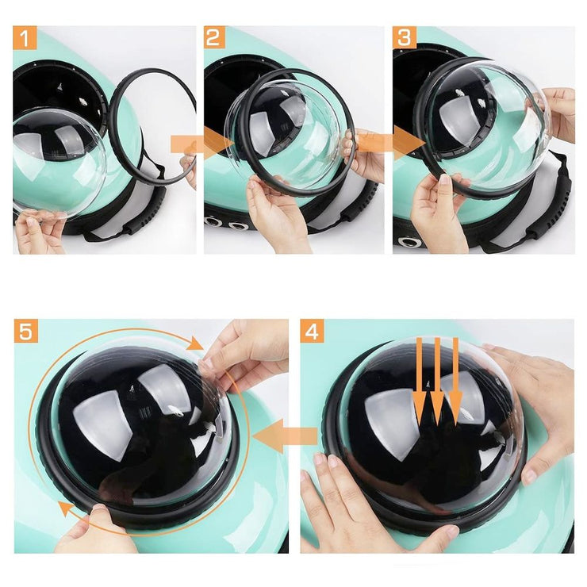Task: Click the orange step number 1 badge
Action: (25, 38)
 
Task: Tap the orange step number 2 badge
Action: (214, 37)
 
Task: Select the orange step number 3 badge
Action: (405, 37)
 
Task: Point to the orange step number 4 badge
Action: (313, 331)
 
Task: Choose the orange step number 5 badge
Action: (26, 331)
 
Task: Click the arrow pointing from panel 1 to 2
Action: (202, 144)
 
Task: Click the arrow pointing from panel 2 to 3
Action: (392, 144)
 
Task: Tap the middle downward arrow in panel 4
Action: (437, 381)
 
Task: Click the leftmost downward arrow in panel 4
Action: (420, 381)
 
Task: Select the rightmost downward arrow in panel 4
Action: (455, 381)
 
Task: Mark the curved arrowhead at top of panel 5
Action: (194, 343)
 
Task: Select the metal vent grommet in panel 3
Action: (410, 241)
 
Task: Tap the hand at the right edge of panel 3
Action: (560, 114)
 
